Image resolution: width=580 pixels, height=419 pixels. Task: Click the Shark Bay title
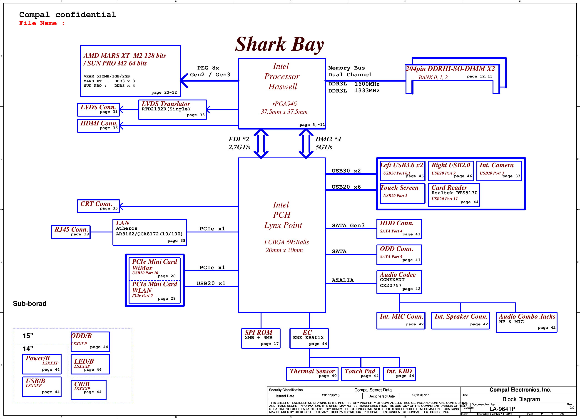279,45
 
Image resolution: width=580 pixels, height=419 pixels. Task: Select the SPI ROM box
261,338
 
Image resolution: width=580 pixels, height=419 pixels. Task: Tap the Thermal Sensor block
312,374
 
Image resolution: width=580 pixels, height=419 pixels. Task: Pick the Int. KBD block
399,374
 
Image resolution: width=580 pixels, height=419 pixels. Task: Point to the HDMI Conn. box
98,126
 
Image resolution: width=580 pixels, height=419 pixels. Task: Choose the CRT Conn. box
98,206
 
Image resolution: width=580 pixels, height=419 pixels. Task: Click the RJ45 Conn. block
71,232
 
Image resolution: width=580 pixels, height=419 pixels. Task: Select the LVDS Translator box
172,110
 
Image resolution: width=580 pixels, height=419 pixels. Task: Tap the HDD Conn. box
399,229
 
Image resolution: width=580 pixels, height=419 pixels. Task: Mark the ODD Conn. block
399,254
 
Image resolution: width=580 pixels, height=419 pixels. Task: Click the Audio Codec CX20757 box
399,282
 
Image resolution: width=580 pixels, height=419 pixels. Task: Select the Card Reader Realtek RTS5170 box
454,195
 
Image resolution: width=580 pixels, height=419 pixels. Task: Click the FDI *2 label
239,139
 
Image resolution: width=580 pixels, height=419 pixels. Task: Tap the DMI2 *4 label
328,139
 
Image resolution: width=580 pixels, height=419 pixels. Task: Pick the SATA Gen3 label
348,225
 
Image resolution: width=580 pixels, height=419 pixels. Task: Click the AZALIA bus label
343,280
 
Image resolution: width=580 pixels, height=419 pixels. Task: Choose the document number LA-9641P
503,409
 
